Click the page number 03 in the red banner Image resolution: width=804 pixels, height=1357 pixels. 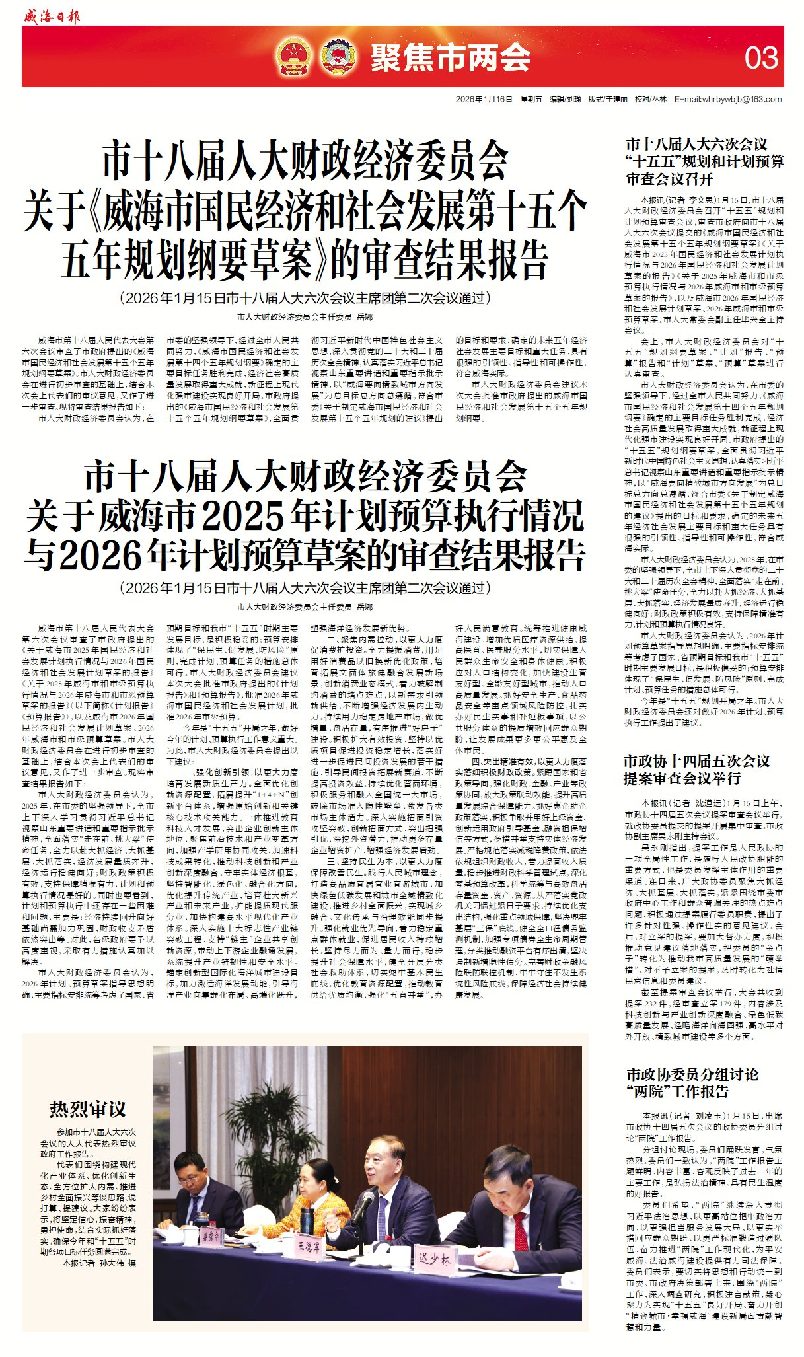point(761,58)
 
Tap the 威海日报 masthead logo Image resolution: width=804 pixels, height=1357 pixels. point(51,16)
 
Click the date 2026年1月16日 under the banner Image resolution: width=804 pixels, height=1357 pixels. point(484,99)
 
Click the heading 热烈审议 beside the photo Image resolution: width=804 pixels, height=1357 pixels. point(87,1109)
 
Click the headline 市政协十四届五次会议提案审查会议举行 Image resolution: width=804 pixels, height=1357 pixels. point(696,769)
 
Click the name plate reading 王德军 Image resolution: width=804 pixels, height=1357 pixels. point(309,1246)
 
